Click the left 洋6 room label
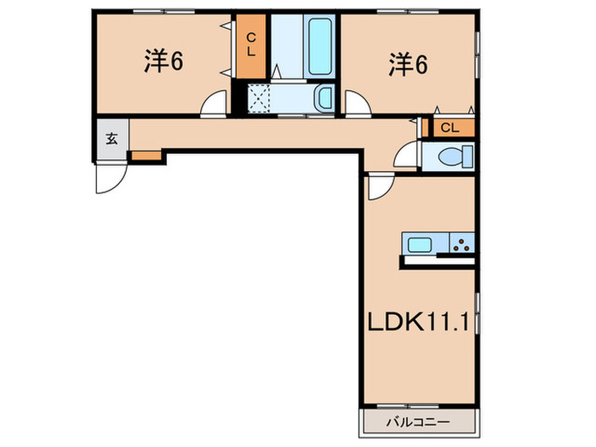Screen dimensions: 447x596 pyautogui.click(x=163, y=62)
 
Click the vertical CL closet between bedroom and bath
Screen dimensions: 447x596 pyautogui.click(x=251, y=45)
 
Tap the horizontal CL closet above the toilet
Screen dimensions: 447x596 pyautogui.click(x=450, y=128)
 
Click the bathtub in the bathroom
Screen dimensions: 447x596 pyautogui.click(x=320, y=47)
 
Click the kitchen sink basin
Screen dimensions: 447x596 pyautogui.click(x=419, y=245)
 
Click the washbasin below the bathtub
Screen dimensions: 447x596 pyautogui.click(x=324, y=99)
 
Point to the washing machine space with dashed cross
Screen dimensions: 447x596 pyautogui.click(x=260, y=99)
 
